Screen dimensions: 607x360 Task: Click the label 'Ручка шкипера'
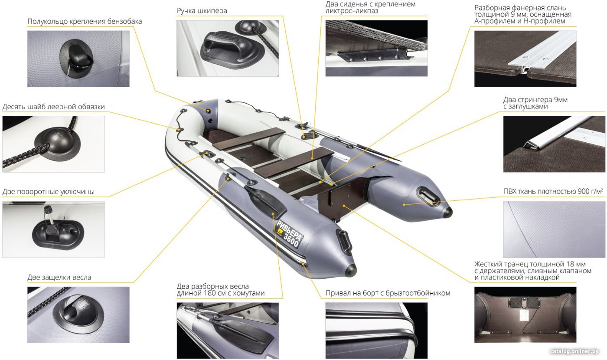pyautogui.click(x=202, y=11)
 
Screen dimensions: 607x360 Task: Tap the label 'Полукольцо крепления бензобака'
pyautogui.click(x=85, y=21)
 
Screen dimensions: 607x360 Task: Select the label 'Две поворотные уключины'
pyautogui.click(x=49, y=192)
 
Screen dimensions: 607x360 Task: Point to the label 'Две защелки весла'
pyautogui.click(x=59, y=277)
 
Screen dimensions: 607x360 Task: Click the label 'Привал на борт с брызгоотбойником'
pyautogui.click(x=388, y=293)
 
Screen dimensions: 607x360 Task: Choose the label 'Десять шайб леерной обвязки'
pyautogui.click(x=53, y=107)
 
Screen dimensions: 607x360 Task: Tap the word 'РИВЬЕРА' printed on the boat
pyautogui.click(x=289, y=230)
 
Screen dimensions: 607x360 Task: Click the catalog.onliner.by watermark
pyautogui.click(x=574, y=351)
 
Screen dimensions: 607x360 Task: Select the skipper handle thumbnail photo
pyautogui.click(x=228, y=48)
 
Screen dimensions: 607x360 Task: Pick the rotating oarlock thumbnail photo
pyautogui.click(x=53, y=229)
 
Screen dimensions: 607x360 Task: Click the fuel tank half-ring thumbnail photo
pyautogui.click(x=78, y=59)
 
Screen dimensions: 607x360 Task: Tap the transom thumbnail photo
pyautogui.click(x=525, y=315)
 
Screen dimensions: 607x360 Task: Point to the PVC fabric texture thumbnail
pyautogui.click(x=554, y=229)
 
